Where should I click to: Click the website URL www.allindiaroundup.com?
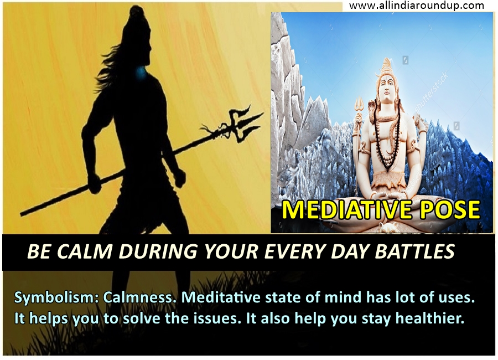416,6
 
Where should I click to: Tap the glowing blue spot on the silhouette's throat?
139,73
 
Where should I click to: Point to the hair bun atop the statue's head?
386,65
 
